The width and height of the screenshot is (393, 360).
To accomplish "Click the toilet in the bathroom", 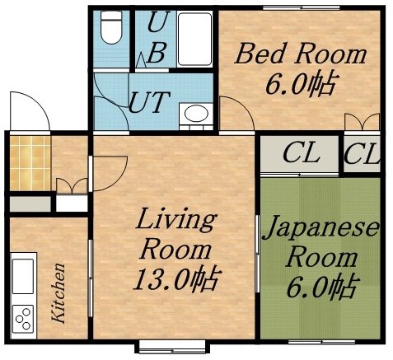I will coord(109,30).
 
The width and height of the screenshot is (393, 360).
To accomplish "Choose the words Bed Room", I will coord(300,54).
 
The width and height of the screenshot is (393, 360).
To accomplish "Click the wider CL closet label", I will coord(301,153).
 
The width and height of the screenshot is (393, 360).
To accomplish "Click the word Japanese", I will coord(320,227).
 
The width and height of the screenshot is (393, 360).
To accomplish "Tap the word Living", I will coord(175,220).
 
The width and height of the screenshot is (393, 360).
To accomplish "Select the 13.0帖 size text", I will coord(175,279).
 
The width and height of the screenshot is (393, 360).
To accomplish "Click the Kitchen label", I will coord(58,292).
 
